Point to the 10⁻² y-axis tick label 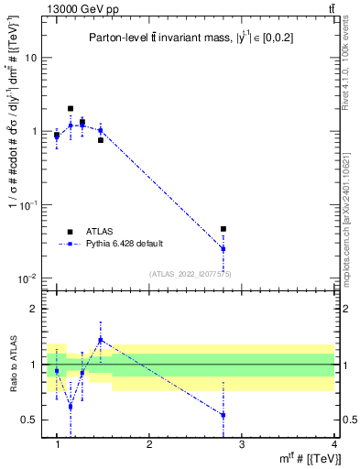[x=28, y=278]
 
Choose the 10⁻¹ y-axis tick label [x=28, y=205]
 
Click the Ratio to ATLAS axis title [x=12, y=364]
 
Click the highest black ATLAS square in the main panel [x=71, y=108]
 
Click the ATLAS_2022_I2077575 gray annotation [x=190, y=274]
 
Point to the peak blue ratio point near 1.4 [x=101, y=340]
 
